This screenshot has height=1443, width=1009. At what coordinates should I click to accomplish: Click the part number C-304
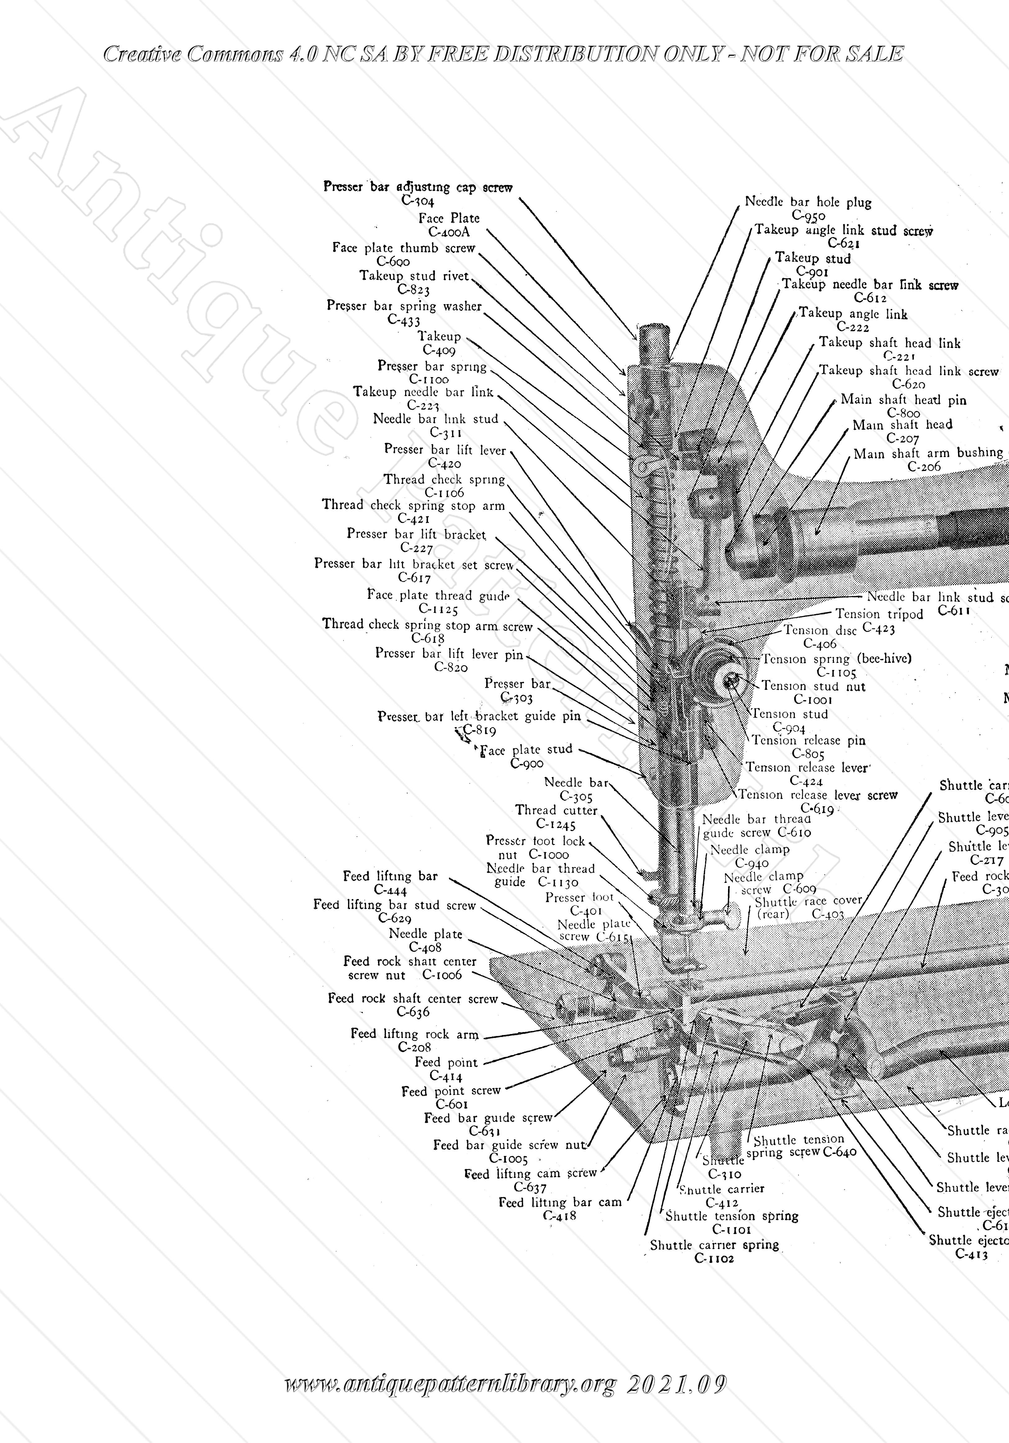pos(418,201)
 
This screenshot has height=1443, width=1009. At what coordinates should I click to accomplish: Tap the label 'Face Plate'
pos(449,218)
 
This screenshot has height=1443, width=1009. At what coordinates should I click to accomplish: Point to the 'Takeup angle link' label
pos(853,314)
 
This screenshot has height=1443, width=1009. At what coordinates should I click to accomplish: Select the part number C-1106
pos(445,493)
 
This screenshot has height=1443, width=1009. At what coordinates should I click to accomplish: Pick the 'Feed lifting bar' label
pos(390,876)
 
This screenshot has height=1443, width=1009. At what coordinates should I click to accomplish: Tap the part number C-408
pos(425,947)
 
